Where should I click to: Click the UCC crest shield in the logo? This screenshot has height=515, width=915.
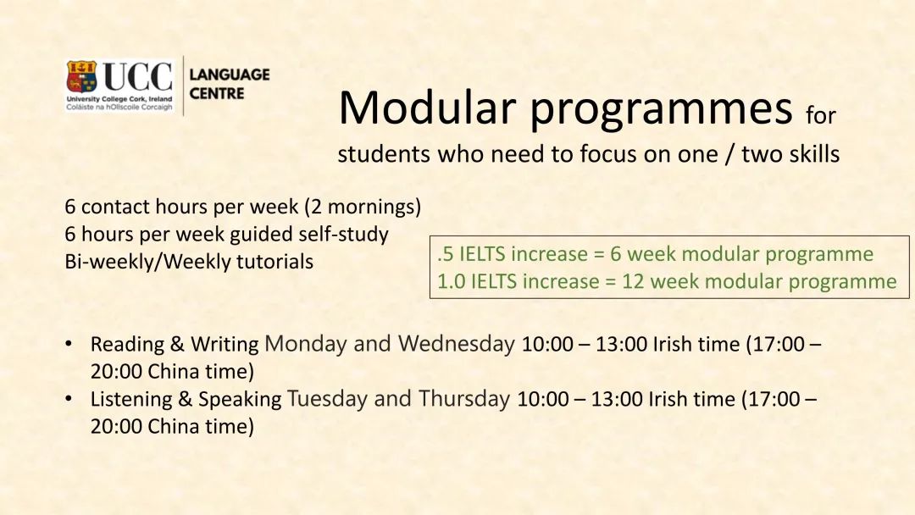point(81,77)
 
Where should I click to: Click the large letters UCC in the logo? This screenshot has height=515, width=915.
point(137,78)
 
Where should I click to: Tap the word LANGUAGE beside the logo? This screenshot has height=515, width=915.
point(229,75)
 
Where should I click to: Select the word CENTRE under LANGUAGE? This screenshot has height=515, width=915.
point(217,93)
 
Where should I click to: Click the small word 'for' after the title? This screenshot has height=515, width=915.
point(820,114)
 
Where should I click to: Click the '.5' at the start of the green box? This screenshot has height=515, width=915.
point(445,254)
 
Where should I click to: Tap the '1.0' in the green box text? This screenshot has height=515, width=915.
point(452,281)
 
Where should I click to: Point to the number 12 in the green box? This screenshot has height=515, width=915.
point(633,281)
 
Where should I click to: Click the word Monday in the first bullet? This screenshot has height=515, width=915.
point(305,344)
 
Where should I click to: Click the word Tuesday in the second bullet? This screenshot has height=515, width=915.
point(327,399)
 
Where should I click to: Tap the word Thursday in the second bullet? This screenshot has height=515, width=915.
point(464,399)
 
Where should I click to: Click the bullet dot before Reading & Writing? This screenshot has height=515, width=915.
point(68,344)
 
